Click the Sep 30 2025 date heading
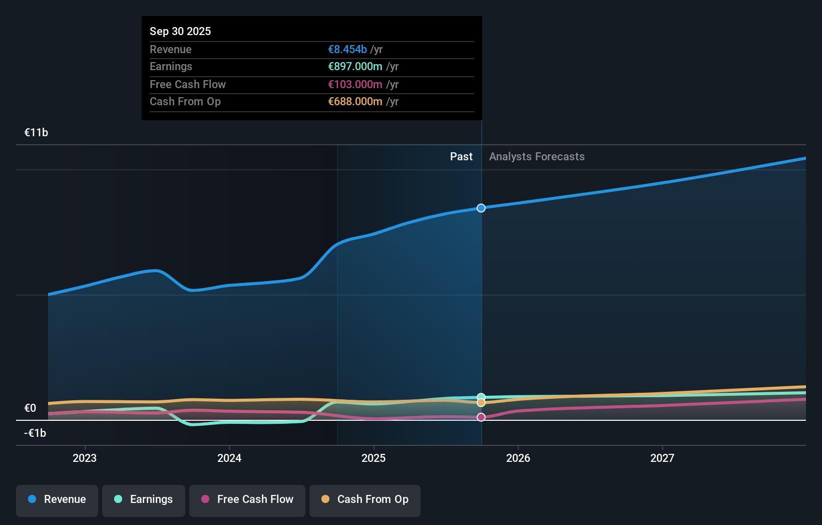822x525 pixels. [x=180, y=31]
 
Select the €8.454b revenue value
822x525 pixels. [x=347, y=49]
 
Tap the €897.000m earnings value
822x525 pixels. [x=355, y=67]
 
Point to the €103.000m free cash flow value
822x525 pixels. [x=355, y=84]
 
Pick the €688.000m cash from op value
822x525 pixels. [x=355, y=102]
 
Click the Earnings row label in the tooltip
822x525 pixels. [x=171, y=67]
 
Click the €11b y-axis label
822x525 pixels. [x=36, y=133]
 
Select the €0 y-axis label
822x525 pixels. [x=31, y=408]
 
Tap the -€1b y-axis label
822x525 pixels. [x=35, y=433]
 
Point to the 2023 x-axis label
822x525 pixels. [x=85, y=458]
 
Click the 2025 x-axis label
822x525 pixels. [x=373, y=458]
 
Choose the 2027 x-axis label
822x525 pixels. [x=662, y=458]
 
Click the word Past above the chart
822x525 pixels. [x=461, y=157]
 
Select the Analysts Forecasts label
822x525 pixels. [x=537, y=157]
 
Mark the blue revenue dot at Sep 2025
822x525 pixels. [x=481, y=208]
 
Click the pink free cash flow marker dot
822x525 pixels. [x=481, y=417]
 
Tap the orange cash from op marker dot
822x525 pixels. [x=481, y=403]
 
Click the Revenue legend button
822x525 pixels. [x=57, y=499]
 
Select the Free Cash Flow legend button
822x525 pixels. [x=247, y=499]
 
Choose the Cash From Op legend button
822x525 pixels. [x=365, y=499]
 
